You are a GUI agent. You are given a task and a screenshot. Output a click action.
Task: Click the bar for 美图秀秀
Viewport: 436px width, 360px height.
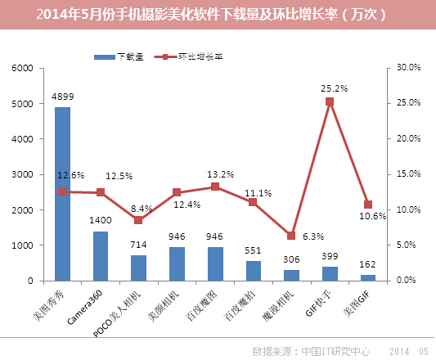[62, 194]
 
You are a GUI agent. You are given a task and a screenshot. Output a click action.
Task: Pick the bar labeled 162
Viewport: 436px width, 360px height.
[368, 277]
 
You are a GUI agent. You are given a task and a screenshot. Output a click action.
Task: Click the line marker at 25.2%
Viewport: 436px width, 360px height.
[330, 101]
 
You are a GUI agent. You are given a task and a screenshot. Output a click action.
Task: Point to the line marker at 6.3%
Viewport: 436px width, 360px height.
[291, 236]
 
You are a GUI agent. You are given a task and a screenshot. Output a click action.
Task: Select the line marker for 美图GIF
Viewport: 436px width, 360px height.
[368, 205]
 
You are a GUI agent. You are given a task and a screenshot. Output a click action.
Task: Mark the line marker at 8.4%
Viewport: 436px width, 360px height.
[138, 220]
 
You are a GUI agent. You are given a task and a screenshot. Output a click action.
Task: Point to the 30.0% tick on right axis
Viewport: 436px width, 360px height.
[409, 69]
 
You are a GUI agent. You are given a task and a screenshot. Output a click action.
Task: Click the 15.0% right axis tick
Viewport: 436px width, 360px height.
[409, 174]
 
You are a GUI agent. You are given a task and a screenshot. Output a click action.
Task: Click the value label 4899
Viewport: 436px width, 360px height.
[62, 97]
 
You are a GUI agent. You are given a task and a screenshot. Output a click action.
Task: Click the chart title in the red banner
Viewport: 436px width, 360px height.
[218, 15]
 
